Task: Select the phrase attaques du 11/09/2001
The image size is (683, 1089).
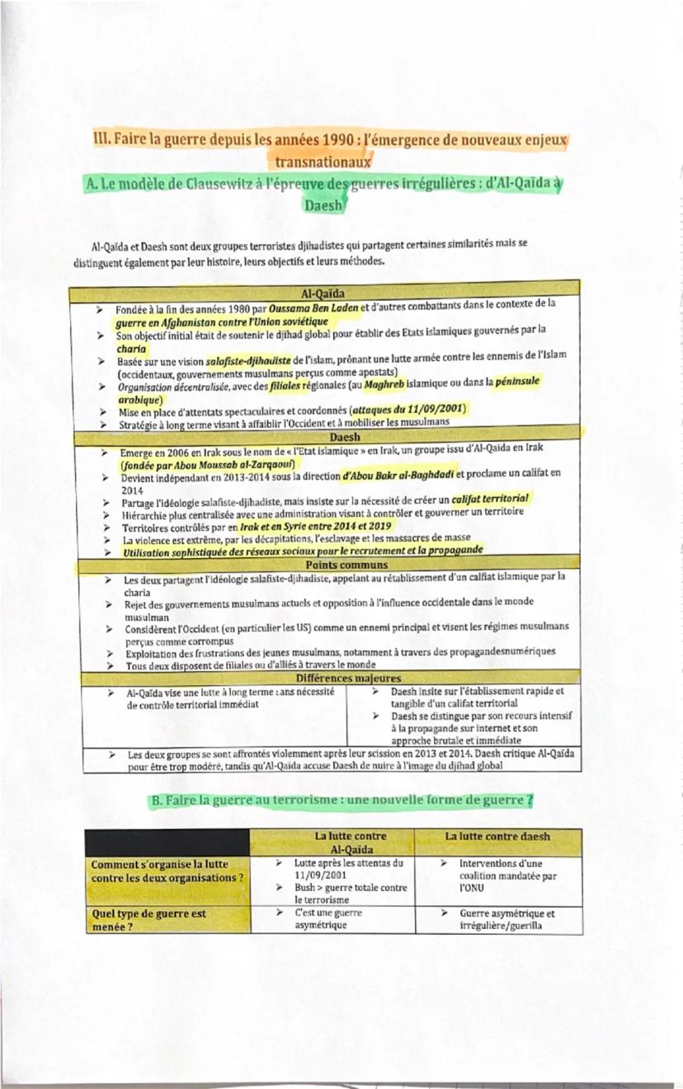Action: coord(409,409)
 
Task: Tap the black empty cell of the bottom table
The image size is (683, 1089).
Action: coord(169,841)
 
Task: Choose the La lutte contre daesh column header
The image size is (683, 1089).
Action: coord(497,836)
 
